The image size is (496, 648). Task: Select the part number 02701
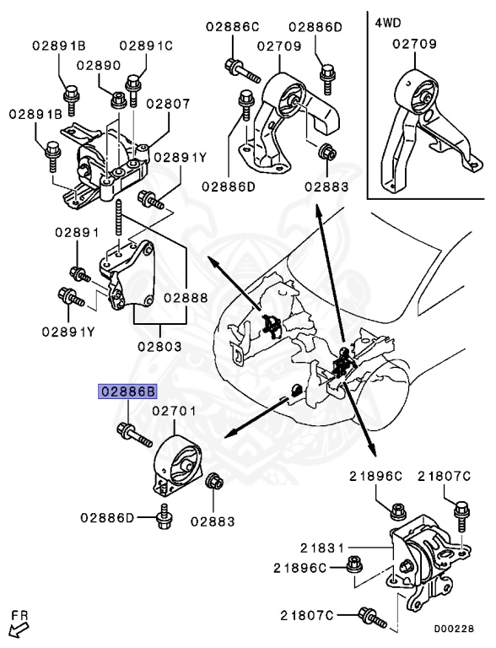click(174, 412)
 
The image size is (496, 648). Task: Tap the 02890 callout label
click(99, 65)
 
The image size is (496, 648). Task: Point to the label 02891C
click(145, 45)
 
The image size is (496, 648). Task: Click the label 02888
click(186, 297)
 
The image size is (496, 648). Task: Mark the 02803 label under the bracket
click(159, 346)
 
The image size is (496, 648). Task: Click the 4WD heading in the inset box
click(389, 21)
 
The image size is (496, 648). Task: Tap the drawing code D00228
click(455, 628)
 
